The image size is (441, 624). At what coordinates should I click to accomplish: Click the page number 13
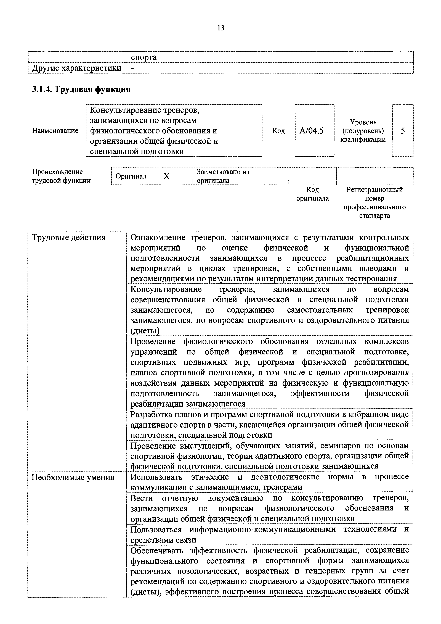(220, 28)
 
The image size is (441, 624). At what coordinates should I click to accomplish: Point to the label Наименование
(55, 131)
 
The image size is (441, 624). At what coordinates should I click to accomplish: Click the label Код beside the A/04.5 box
(278, 131)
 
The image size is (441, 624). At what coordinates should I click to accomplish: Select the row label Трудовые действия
(68, 238)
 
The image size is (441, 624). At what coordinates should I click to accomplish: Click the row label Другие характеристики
(77, 68)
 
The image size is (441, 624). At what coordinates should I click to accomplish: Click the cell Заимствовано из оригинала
(223, 176)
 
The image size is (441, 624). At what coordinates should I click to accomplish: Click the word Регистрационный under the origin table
(374, 190)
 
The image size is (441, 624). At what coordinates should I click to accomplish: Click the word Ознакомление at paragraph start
(158, 238)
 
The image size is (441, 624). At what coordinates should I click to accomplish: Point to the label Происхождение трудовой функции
(61, 176)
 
